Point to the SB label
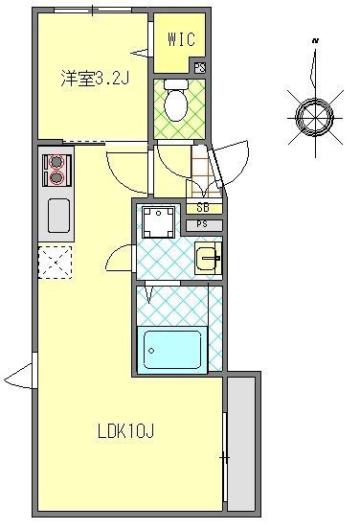pyautogui.click(x=203, y=208)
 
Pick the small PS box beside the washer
pyautogui.click(x=203, y=224)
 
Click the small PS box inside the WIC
pyautogui.click(x=199, y=67)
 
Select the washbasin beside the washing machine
pyautogui.click(x=208, y=257)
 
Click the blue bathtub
pyautogui.click(x=172, y=350)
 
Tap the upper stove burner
pyautogui.click(x=55, y=162)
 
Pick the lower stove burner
pyautogui.click(x=55, y=177)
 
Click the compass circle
pyautogui.click(x=312, y=117)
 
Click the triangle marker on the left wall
pyautogui.click(x=20, y=375)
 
